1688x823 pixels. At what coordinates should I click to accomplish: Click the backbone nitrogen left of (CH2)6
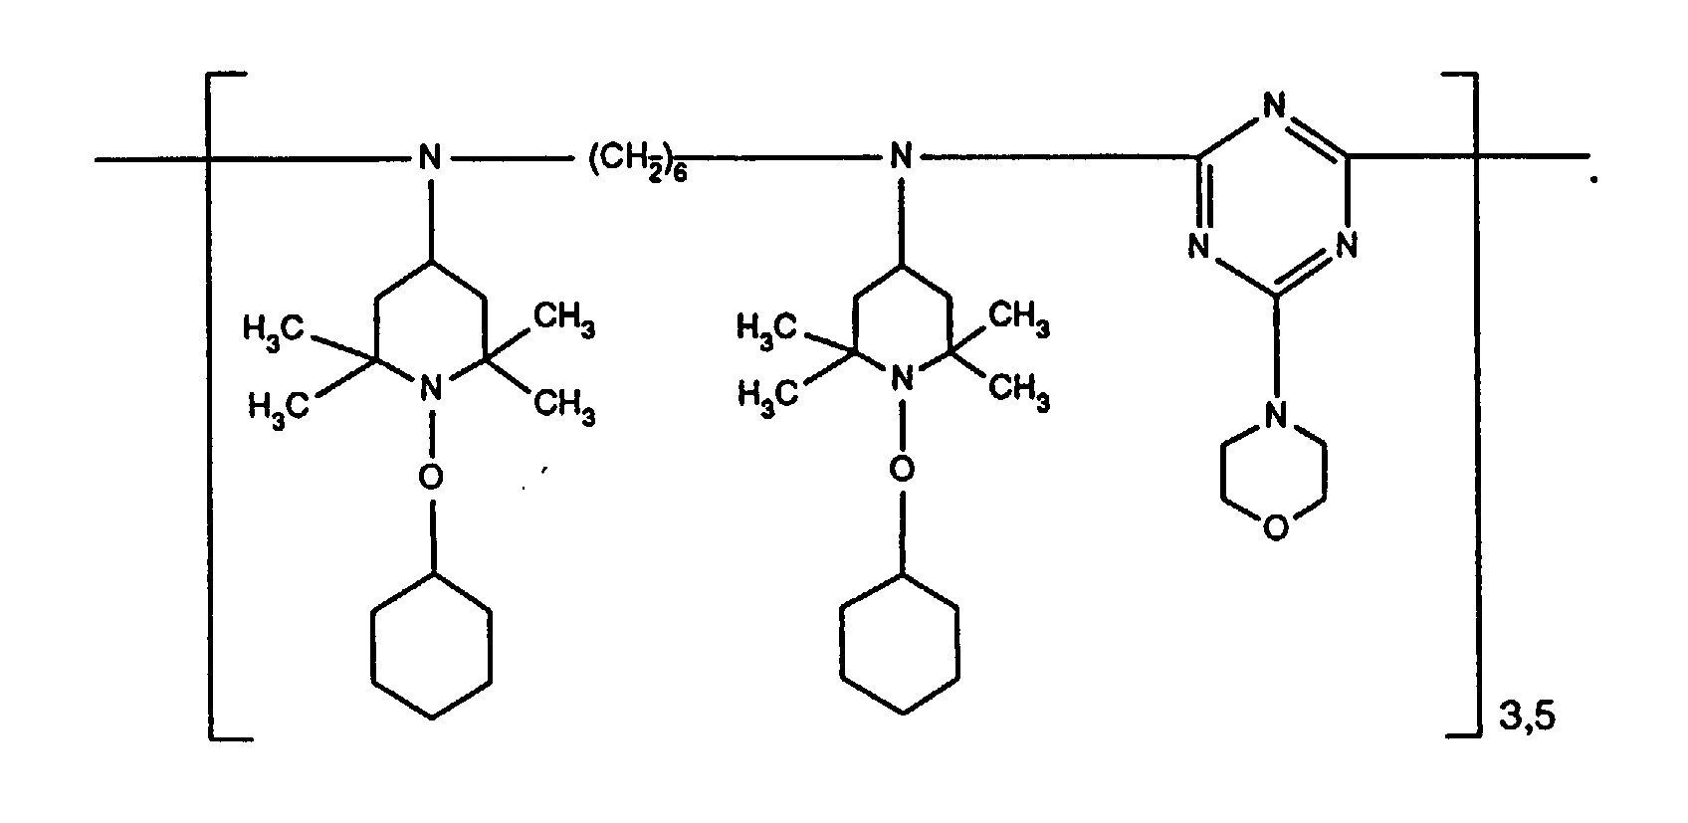pos(429,157)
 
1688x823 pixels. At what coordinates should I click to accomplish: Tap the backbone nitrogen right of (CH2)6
pos(901,157)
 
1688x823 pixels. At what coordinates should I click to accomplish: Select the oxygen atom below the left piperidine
pos(429,479)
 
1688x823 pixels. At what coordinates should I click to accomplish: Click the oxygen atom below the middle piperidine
pos(901,468)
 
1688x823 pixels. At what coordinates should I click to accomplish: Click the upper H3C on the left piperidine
pos(274,328)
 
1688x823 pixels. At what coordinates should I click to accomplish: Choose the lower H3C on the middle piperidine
pos(768,395)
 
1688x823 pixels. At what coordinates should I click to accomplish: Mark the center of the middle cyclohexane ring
pos(901,643)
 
